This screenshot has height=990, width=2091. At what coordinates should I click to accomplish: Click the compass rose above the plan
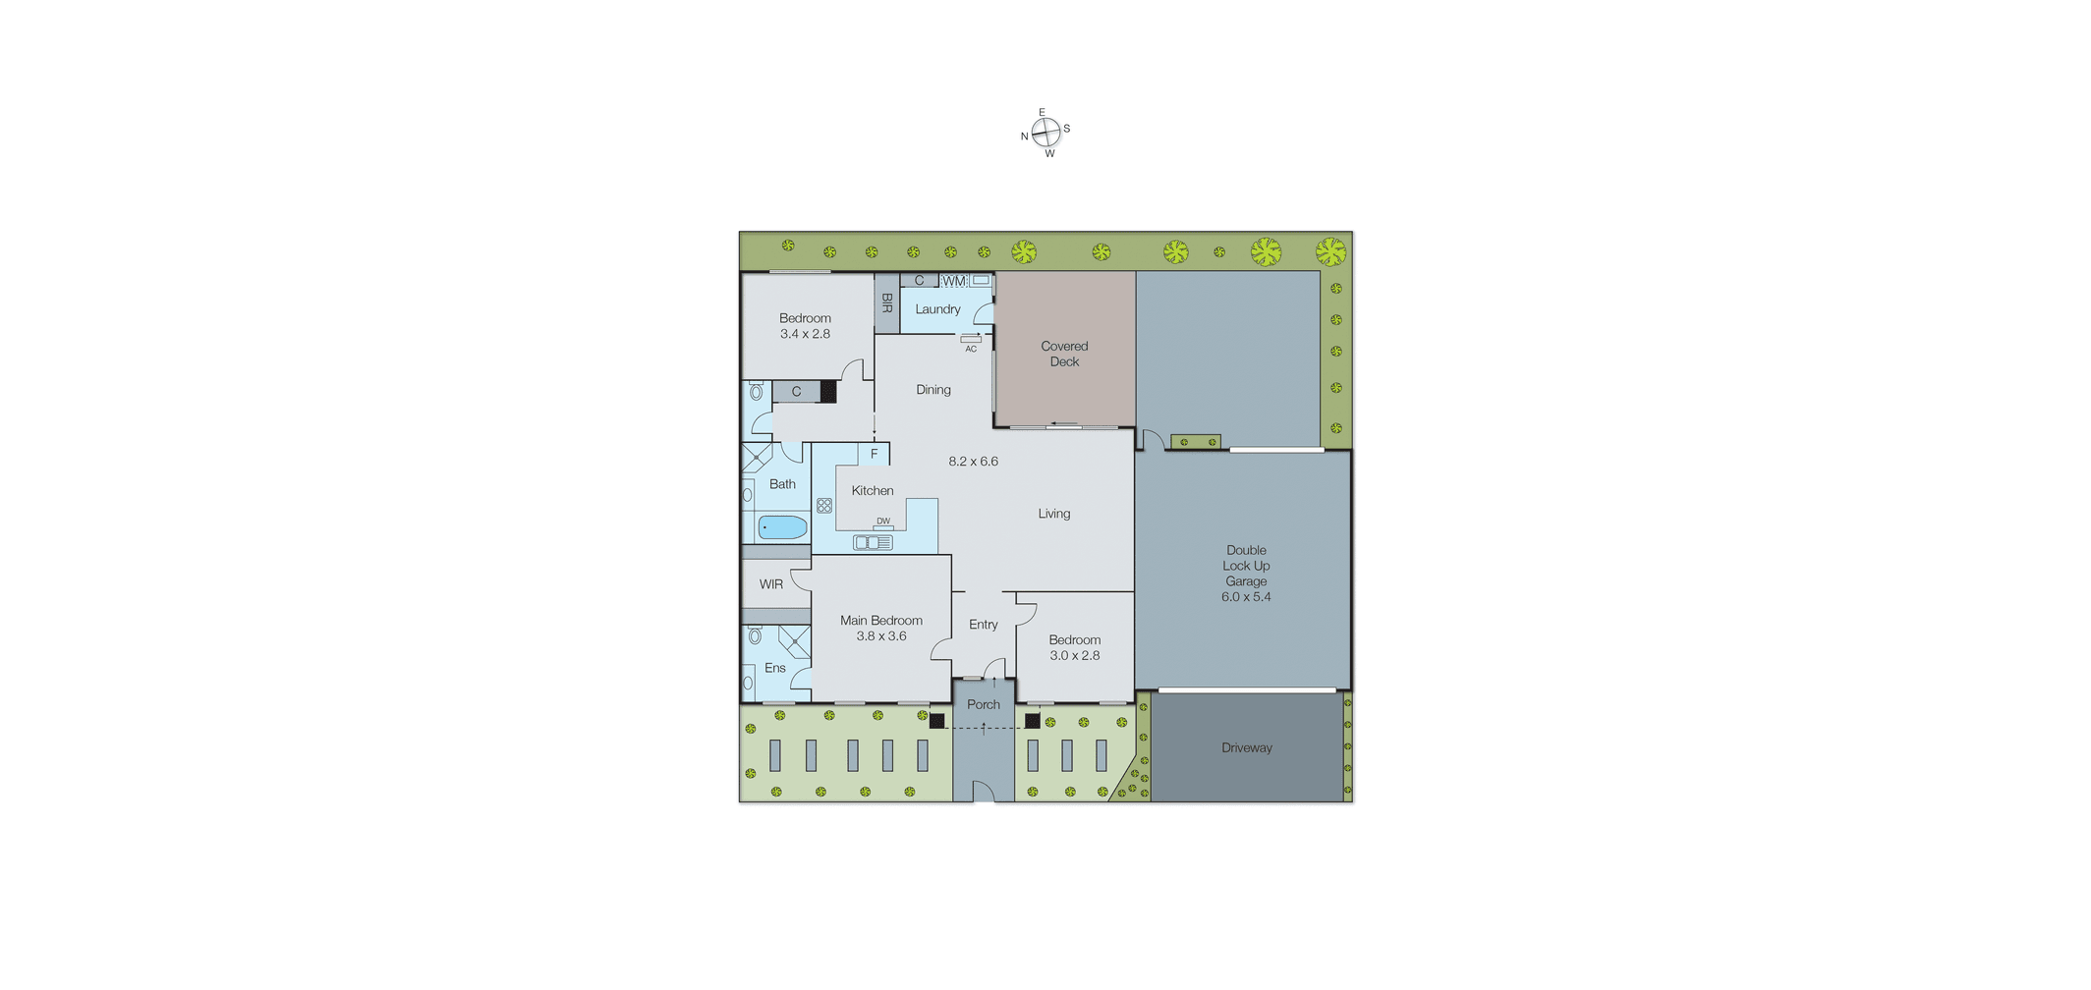point(1045,132)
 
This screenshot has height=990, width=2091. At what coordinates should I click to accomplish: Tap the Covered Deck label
point(1064,354)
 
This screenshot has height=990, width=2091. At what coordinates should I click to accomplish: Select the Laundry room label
point(937,309)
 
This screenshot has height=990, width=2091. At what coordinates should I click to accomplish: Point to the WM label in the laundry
point(954,281)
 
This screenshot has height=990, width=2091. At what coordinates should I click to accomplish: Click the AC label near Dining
point(971,349)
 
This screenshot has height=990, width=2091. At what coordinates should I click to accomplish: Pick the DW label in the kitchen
point(883,522)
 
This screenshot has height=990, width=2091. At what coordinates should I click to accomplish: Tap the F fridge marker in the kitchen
point(874,454)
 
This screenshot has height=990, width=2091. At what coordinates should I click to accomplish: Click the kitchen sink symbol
point(873,542)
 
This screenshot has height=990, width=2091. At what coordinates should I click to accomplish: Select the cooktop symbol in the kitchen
point(824,506)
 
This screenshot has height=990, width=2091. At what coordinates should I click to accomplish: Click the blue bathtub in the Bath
point(783,527)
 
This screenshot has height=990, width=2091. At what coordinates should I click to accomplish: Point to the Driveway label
point(1247,747)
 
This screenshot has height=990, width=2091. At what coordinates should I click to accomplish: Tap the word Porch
point(984,704)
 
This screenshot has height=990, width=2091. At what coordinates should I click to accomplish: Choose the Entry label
point(984,625)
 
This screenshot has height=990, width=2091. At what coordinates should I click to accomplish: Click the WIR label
point(771,584)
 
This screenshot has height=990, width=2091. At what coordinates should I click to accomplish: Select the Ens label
point(775,668)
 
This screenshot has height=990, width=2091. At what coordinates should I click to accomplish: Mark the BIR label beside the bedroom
point(886,302)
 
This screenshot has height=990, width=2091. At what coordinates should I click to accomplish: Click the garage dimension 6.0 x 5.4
point(1246,597)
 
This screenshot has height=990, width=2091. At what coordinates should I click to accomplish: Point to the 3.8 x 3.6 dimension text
point(881,636)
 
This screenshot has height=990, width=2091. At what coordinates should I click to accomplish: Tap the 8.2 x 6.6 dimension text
point(973,462)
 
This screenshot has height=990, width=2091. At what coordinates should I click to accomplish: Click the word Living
point(1054,514)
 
